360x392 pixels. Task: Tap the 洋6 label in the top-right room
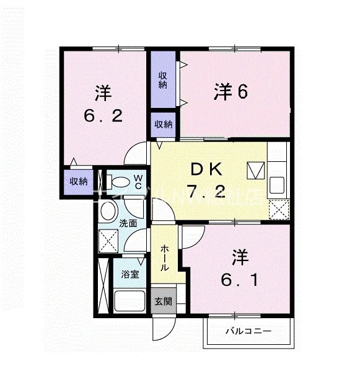pyautogui.click(x=231, y=92)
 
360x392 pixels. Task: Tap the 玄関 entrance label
pyautogui.click(x=164, y=302)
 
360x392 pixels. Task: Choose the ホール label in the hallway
pyautogui.click(x=164, y=257)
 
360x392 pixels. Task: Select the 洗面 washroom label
pyautogui.click(x=128, y=223)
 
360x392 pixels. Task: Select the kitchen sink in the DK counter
pyautogui.click(x=277, y=184)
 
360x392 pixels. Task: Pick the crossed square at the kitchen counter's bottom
pyautogui.click(x=278, y=209)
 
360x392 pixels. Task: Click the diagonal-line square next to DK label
pyautogui.click(x=255, y=170)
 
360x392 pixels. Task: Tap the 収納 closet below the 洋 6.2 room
pyautogui.click(x=77, y=182)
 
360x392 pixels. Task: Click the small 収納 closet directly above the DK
pyautogui.click(x=163, y=124)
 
